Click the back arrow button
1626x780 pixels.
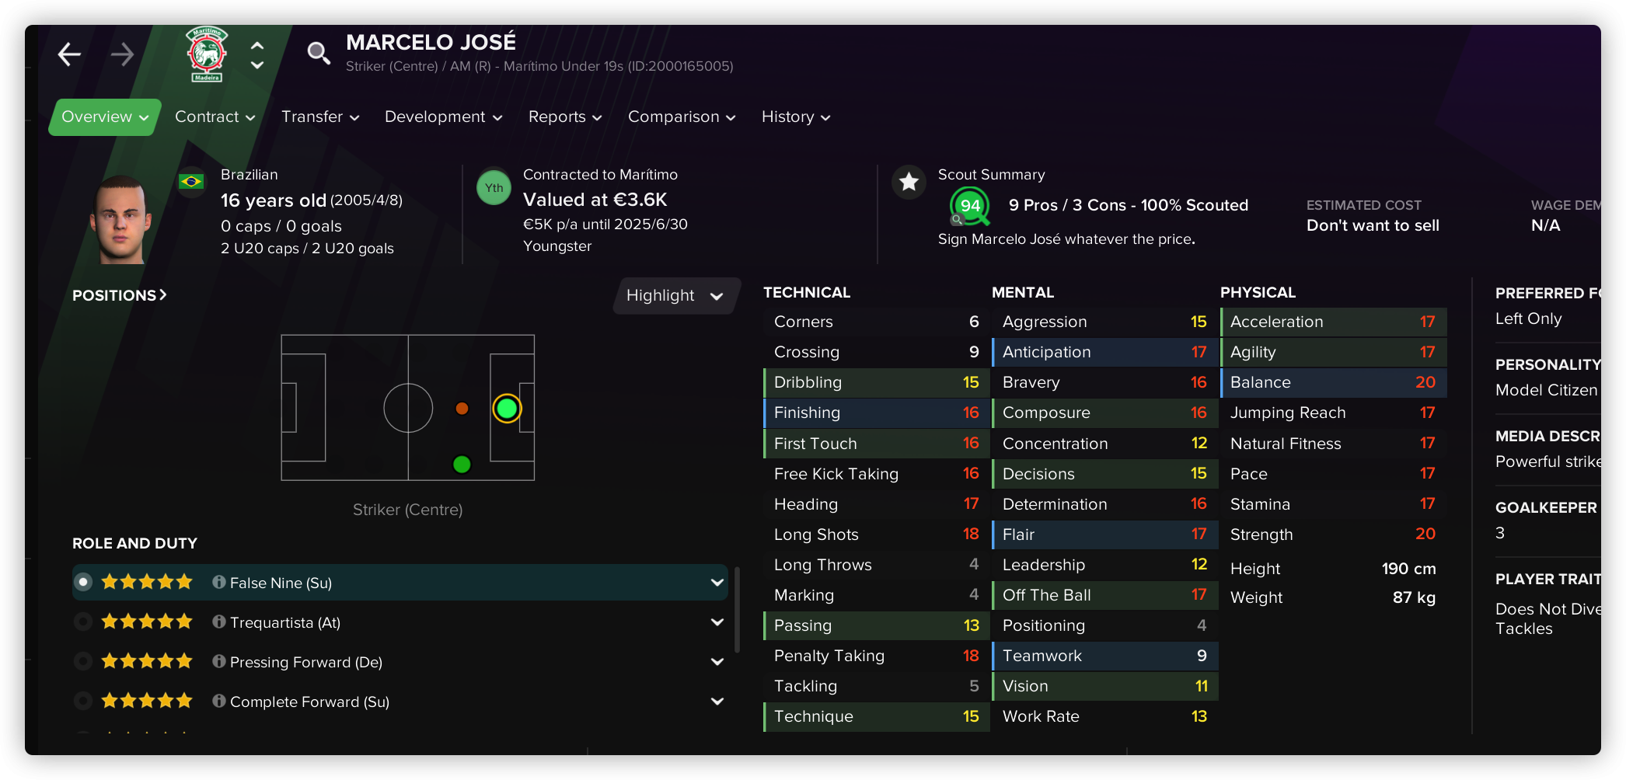[70, 54]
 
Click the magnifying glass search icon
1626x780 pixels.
[318, 53]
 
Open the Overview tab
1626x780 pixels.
[104, 117]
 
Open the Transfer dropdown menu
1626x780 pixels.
[319, 117]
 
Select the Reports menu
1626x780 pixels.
[564, 117]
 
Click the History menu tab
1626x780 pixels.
[795, 117]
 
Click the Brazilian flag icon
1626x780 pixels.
[190, 182]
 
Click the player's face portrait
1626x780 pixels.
[120, 219]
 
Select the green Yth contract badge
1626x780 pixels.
[494, 188]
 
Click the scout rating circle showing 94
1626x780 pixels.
[969, 206]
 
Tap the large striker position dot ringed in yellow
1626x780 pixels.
[507, 408]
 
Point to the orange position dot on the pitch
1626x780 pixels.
[462, 408]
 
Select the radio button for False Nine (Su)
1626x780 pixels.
[83, 582]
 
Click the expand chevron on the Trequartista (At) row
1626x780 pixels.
[717, 622]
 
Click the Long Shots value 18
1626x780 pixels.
[971, 535]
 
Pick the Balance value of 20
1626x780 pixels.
[1425, 382]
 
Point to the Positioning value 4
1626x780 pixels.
[1202, 625]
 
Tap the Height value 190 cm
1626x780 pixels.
[1408, 569]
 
